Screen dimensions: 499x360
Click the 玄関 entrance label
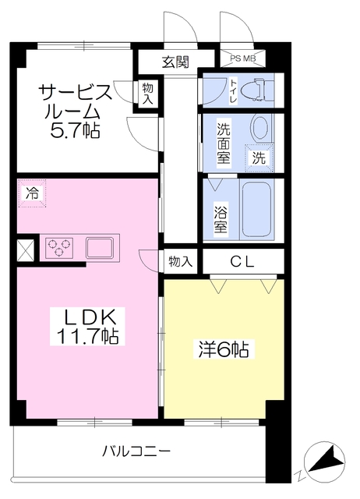pyautogui.click(x=175, y=62)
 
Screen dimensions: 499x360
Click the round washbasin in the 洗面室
pyautogui.click(x=260, y=128)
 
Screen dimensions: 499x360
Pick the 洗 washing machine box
pyautogui.click(x=258, y=156)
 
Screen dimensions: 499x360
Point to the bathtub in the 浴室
pyautogui.click(x=258, y=209)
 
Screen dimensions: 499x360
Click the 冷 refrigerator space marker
pyautogui.click(x=32, y=193)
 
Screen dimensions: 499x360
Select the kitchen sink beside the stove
pyautogui.click(x=100, y=248)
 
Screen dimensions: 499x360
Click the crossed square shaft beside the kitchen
pyautogui.click(x=25, y=251)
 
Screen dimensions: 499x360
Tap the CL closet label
pyautogui.click(x=242, y=263)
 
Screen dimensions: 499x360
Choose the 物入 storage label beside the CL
pyautogui.click(x=180, y=262)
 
